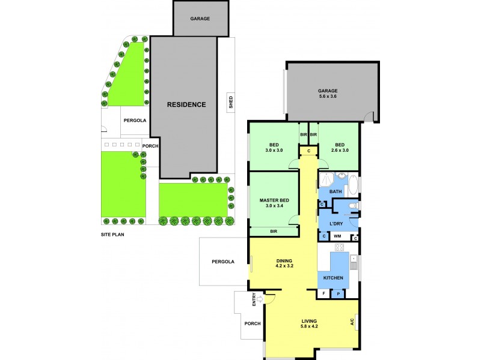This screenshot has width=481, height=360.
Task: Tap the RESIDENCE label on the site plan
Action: point(186,104)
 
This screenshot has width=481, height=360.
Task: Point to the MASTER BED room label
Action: point(274,200)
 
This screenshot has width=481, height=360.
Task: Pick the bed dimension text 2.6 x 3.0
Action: point(340,151)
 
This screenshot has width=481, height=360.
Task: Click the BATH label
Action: point(335,191)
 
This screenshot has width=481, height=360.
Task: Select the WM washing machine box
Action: point(337,237)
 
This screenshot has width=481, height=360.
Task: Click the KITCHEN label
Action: point(333,278)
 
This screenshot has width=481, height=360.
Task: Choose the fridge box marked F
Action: point(324,294)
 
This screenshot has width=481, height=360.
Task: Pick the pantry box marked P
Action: point(338,294)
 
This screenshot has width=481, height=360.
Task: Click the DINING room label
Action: point(284,260)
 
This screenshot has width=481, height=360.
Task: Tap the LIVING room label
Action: point(310,321)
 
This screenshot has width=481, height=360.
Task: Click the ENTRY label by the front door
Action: point(255,298)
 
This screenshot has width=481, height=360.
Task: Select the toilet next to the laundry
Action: point(355,206)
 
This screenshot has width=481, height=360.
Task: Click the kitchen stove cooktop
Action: point(339,248)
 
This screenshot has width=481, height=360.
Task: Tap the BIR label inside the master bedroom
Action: point(274,230)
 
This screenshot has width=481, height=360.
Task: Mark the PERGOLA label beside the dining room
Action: point(222,262)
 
